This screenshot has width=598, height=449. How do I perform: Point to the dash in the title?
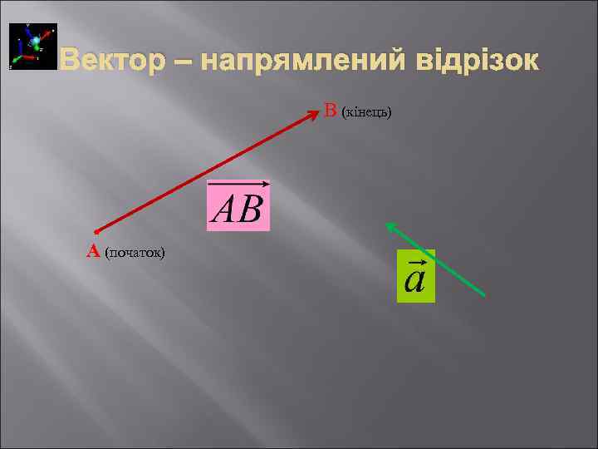pos(187,62)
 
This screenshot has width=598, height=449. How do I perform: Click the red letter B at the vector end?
pos(331,110)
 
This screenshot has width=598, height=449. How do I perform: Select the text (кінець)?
pos(366,111)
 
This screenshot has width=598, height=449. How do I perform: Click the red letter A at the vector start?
pos(94,251)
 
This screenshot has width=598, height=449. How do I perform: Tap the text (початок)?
pos(135,252)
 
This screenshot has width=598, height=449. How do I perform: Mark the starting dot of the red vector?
pos(96,231)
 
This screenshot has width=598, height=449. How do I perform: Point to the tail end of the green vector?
pos(485,296)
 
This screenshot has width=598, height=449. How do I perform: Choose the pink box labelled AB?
pos(238,205)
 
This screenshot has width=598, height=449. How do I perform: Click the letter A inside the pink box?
pos(225,211)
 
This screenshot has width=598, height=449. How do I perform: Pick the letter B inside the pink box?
pos(252,211)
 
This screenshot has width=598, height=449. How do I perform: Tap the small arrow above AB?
pos(238,184)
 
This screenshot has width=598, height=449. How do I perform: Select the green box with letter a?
pos(415,275)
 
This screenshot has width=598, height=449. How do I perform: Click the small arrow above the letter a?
pos(415,258)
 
